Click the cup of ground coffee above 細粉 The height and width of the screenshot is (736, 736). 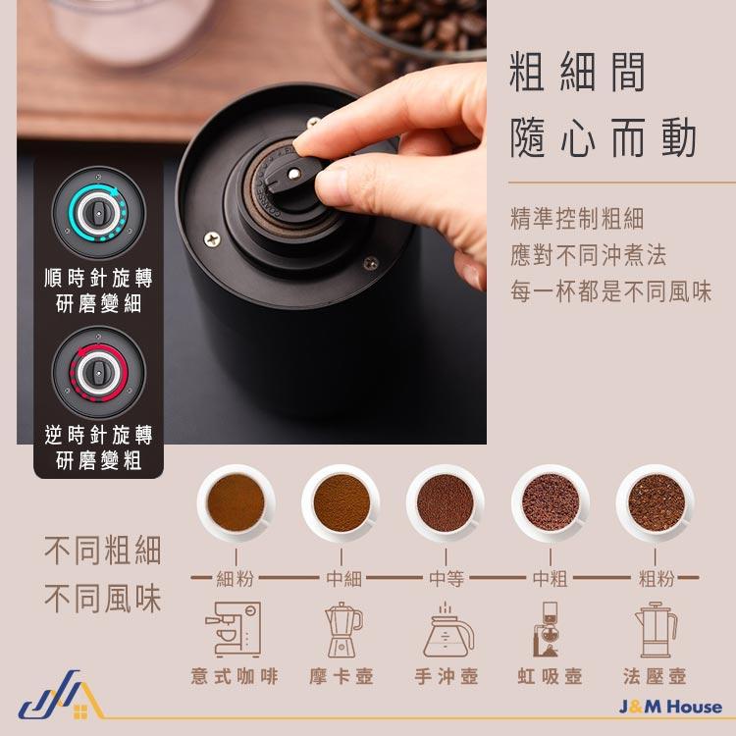coord(237,503)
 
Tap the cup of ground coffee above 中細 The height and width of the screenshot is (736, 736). coord(341,503)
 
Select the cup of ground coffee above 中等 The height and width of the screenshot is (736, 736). coord(446,503)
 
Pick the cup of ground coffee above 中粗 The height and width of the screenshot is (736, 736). coord(551,503)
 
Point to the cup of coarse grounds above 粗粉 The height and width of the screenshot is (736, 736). coord(656,503)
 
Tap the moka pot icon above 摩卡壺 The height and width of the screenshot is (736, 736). coord(342,629)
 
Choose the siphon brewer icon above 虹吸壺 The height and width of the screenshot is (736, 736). coord(550,629)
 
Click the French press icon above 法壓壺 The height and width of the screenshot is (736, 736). coord(655,629)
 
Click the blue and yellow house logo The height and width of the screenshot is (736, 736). coord(56,700)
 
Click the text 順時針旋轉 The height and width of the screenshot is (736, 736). coord(99,278)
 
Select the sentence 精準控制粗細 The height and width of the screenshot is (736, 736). coord(577,218)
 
